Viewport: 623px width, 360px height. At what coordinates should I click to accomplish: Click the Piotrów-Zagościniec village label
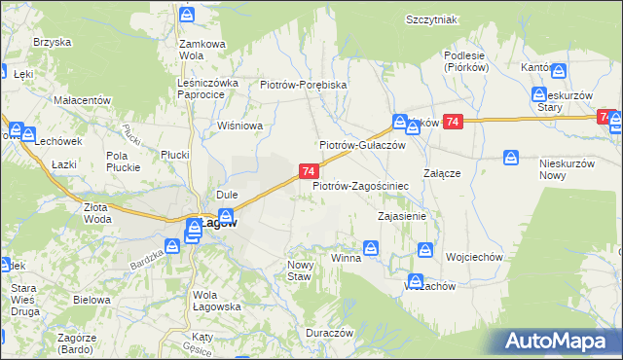coord(360,185)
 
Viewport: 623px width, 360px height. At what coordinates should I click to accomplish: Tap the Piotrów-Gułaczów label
coord(362,144)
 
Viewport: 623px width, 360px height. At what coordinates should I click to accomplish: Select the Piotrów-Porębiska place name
coord(304,85)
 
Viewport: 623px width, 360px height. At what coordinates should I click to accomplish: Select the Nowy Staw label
coord(299,270)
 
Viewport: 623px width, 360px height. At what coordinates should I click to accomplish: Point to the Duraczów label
coord(328,332)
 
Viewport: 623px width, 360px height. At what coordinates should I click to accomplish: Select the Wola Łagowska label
coord(217,301)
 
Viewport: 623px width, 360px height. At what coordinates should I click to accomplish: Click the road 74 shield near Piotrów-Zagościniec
coord(307,171)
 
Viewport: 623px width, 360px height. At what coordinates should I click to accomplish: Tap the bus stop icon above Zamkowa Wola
coord(188,16)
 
